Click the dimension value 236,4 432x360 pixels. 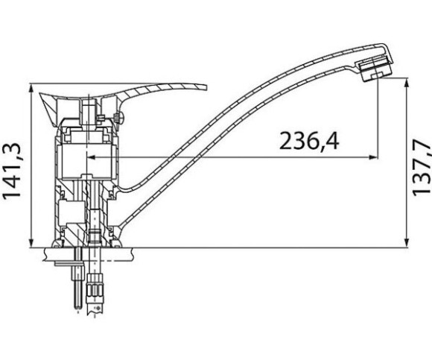tap(309, 141)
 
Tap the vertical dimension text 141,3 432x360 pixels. tap(12, 170)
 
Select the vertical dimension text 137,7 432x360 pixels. tap(422, 168)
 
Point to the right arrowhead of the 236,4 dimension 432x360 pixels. tap(373, 157)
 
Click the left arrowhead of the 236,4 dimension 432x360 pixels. tap(92, 157)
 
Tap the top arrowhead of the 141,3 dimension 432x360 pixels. tap(31, 88)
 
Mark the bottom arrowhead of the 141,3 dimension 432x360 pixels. tap(31, 243)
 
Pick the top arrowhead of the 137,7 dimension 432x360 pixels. tap(406, 83)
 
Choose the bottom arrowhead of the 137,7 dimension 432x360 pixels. tap(406, 243)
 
